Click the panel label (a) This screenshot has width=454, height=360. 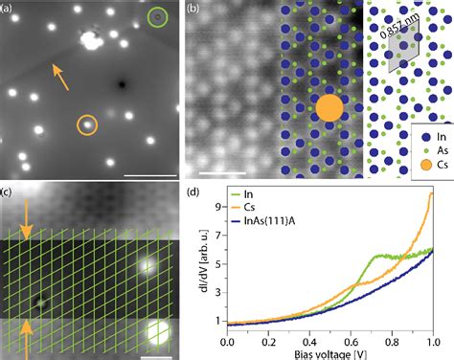coord(10,10)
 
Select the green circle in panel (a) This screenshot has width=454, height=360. coord(157,17)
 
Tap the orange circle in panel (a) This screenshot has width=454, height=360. coord(86,124)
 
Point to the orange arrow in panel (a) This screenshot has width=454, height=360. coord(59,76)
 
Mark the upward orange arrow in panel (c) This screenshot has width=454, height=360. coord(27,331)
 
